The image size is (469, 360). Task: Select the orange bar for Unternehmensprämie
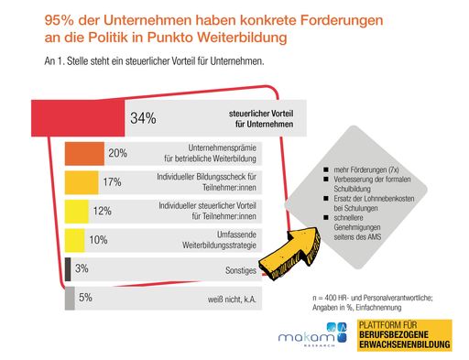(84, 154)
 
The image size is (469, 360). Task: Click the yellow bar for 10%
(75, 240)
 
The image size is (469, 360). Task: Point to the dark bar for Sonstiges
(69, 269)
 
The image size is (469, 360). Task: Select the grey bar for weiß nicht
(70, 298)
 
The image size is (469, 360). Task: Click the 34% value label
(144, 118)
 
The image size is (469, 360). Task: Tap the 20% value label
(117, 154)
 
